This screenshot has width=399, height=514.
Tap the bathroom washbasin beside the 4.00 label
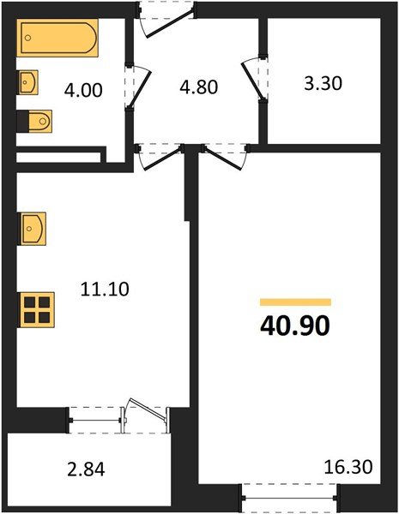coord(27,84)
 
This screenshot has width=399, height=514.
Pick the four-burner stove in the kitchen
coord(38,308)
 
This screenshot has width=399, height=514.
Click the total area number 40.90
coord(295,326)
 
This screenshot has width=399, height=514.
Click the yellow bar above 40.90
coord(295,302)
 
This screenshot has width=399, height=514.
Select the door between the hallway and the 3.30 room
coord(254,81)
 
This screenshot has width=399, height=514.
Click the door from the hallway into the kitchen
coord(160,155)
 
